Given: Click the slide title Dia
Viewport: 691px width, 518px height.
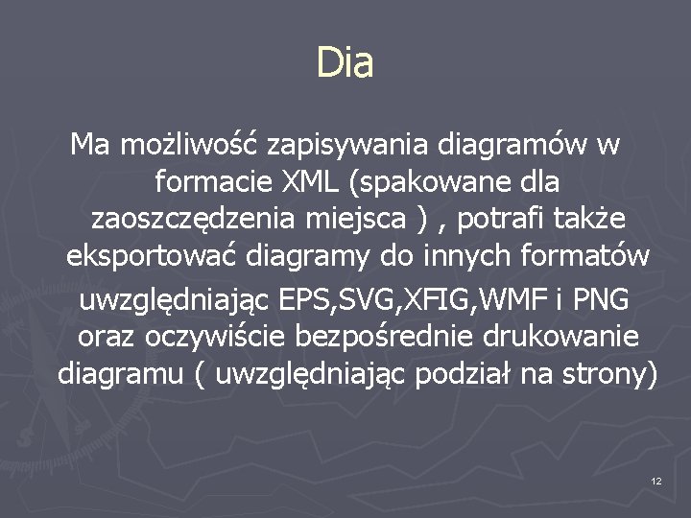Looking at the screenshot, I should (x=345, y=64).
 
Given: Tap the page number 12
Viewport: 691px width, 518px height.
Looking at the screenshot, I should (x=655, y=480).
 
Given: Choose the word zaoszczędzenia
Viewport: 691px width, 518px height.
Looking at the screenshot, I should (x=194, y=220).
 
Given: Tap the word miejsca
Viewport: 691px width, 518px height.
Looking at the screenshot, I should (x=356, y=220).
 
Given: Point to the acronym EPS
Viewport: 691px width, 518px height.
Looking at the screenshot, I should (x=303, y=299).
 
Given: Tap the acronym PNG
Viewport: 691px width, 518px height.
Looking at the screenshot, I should (x=601, y=299).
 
